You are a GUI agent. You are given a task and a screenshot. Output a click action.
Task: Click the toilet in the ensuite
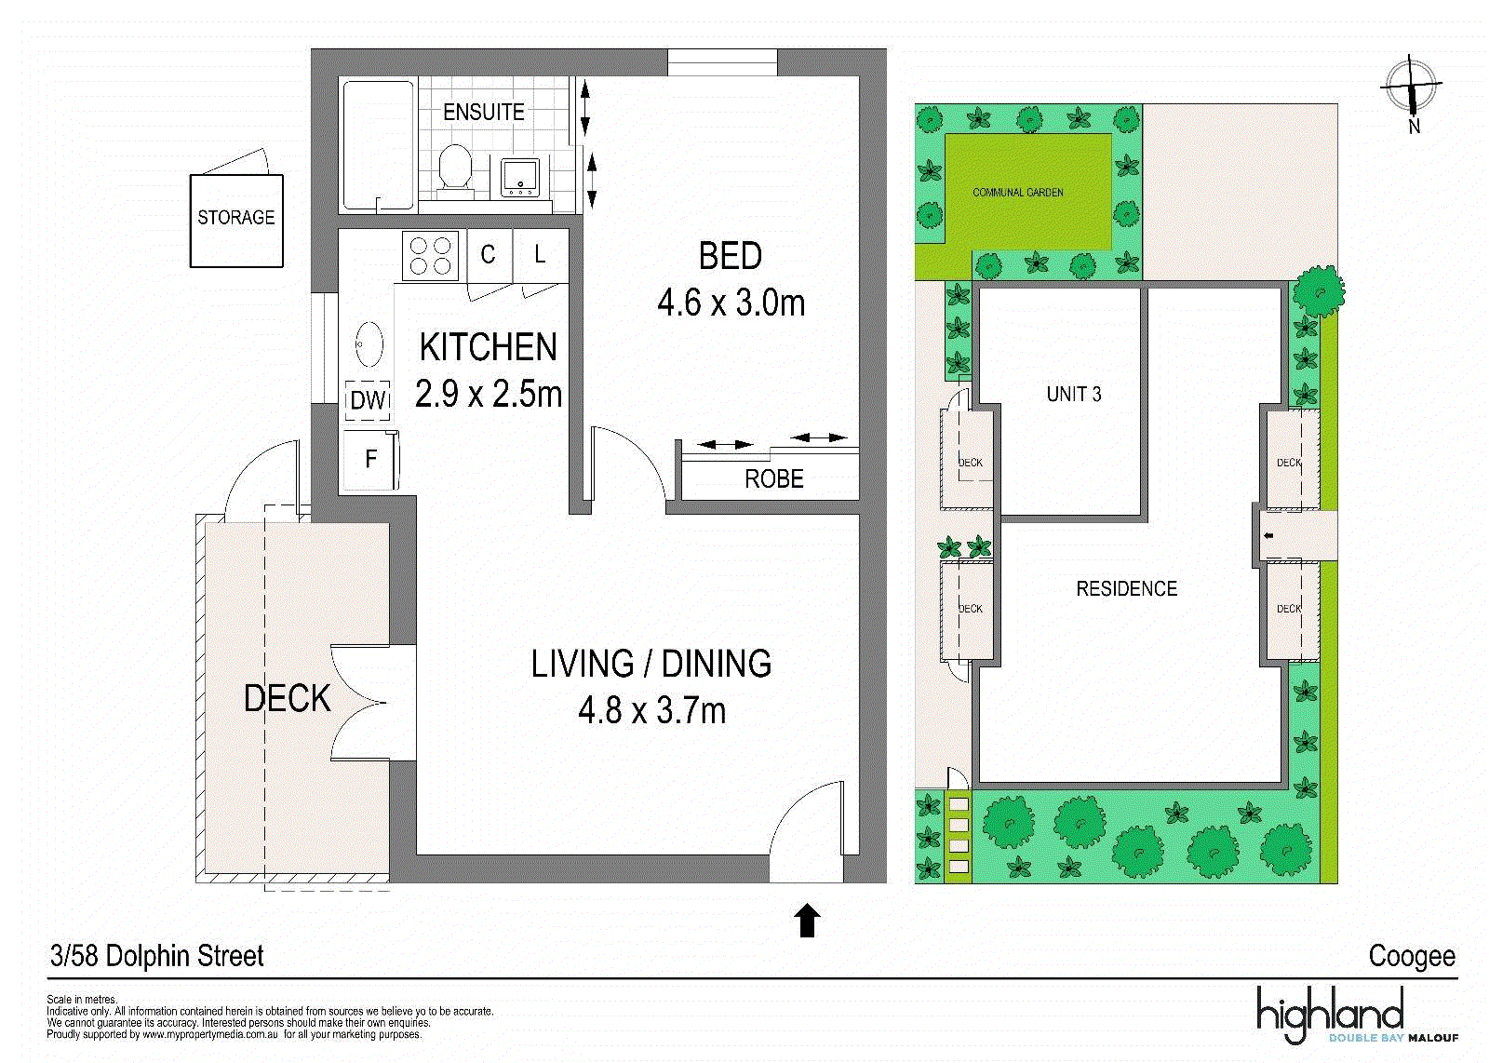[455, 171]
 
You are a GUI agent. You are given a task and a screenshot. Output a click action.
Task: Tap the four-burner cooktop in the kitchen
[430, 256]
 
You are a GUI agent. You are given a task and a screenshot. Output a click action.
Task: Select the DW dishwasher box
[368, 400]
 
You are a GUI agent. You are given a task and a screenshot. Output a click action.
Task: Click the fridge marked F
[370, 460]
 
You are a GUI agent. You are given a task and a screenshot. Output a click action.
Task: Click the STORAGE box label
[236, 218]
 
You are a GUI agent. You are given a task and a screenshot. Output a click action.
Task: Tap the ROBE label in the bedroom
[773, 478]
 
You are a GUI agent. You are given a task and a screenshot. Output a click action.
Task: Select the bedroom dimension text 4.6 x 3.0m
[731, 303]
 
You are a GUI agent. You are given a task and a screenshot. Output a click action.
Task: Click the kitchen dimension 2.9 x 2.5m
[489, 394]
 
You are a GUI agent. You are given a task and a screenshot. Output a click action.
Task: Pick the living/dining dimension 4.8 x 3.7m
[652, 710]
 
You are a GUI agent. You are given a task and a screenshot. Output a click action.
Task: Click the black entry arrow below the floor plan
[807, 920]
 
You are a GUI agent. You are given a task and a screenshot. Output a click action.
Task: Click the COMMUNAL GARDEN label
[1018, 193]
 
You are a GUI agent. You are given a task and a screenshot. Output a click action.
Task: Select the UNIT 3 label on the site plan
[1074, 395]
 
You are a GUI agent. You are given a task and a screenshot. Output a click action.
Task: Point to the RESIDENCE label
[1127, 588]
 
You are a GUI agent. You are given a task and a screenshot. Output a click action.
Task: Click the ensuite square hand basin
[520, 178]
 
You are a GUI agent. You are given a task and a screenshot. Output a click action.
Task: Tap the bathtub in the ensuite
[378, 145]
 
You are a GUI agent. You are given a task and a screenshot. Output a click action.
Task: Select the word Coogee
[1412, 957]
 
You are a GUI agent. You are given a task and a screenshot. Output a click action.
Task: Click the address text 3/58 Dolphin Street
[157, 956]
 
